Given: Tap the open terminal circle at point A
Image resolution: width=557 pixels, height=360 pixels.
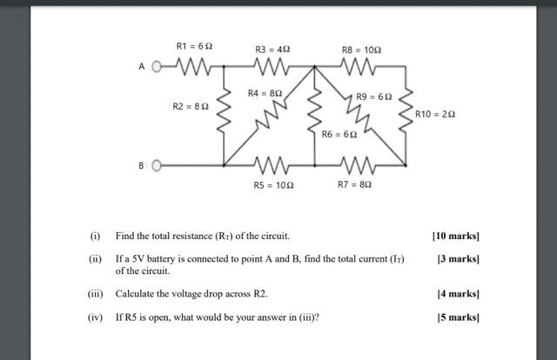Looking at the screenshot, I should (158, 66).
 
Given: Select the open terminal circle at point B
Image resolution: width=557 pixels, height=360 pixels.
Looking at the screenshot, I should (158, 165).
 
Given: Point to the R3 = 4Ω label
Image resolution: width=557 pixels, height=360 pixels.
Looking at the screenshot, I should (272, 50).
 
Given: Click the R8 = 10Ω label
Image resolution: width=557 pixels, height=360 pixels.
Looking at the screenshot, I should (361, 50).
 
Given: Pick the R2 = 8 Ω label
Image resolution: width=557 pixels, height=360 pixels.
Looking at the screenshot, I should (191, 106).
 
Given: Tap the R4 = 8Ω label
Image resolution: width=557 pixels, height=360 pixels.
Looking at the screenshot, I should (265, 92).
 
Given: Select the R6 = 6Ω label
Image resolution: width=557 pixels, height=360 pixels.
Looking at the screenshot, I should (339, 135).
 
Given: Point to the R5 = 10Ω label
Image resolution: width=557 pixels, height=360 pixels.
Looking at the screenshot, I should (272, 184).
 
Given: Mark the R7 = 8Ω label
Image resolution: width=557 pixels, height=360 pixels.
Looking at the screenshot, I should (354, 184).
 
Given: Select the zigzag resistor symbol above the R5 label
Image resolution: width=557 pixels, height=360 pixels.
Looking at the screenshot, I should (271, 165).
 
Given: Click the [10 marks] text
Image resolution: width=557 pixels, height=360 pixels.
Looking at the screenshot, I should (455, 236).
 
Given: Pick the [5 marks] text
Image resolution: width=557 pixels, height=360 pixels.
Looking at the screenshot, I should (458, 317).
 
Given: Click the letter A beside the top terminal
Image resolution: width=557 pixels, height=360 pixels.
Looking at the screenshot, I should (141, 66).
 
